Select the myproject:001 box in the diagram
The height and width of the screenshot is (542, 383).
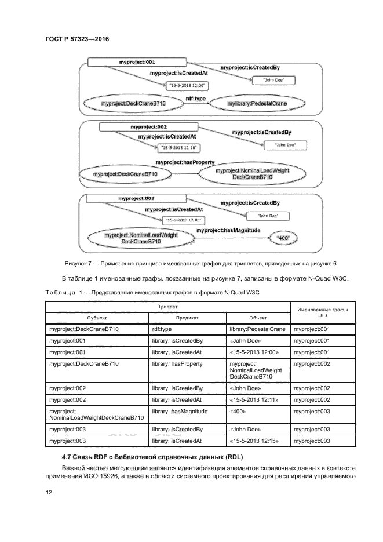(x=137, y=61)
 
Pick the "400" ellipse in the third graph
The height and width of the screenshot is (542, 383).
(x=283, y=238)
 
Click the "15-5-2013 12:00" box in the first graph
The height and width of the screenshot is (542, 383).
(x=187, y=86)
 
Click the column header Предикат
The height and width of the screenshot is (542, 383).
(x=187, y=318)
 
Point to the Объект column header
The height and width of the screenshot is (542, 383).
(x=258, y=318)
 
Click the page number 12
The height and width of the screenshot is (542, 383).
(x=49, y=492)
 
